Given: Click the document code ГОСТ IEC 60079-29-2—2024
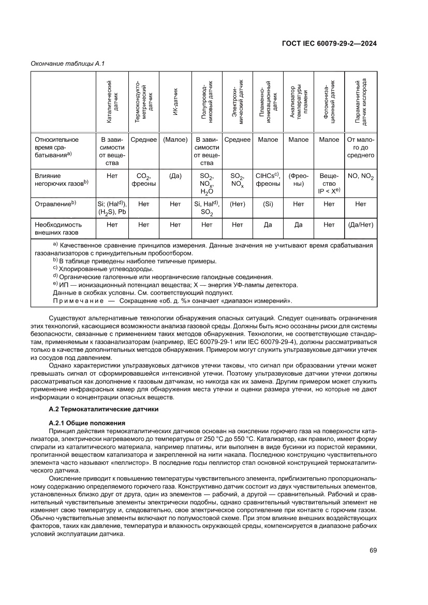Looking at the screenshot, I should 329,43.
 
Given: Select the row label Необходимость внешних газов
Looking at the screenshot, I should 58,229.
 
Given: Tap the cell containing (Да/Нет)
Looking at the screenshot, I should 361,225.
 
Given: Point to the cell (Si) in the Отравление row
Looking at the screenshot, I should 268,204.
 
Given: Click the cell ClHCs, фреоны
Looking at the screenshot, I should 268,180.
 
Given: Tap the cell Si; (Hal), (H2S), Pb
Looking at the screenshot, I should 112,208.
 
